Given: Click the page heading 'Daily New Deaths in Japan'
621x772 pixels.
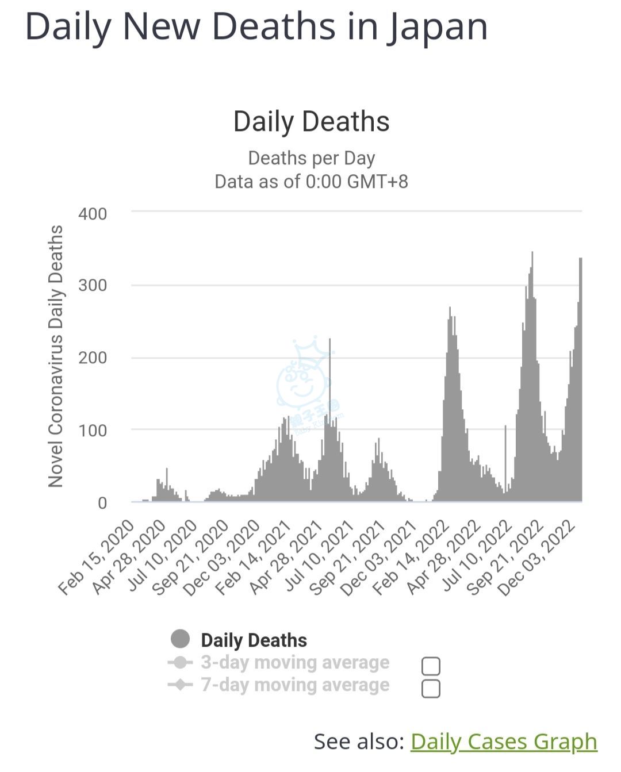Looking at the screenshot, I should tap(256, 26).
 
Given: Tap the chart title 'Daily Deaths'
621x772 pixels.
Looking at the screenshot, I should tap(311, 122).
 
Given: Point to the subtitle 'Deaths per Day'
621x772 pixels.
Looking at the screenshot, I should tap(311, 158).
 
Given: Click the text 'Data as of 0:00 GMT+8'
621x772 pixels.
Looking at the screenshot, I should tap(311, 182).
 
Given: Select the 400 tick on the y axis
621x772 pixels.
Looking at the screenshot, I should tap(93, 214).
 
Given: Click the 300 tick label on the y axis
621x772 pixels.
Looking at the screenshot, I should tap(93, 285).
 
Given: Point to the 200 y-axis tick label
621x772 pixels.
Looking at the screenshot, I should tap(93, 358).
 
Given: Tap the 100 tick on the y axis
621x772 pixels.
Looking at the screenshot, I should tap(93, 430).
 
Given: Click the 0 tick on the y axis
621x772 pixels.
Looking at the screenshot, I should tap(102, 503).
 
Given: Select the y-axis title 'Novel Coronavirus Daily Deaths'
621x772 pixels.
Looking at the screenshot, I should tap(55, 356).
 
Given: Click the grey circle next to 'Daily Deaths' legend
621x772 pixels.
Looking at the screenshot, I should tap(180, 639).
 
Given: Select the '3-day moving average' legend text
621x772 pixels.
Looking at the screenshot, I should tap(295, 662).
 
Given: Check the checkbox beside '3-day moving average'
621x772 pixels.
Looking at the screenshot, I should tap(431, 666).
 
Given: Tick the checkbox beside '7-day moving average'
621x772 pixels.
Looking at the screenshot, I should tap(431, 688).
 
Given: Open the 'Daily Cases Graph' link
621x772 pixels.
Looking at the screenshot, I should tap(504, 741).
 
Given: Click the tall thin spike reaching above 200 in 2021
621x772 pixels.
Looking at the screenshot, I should tap(329, 368).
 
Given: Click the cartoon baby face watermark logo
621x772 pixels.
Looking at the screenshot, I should tap(303, 382).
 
